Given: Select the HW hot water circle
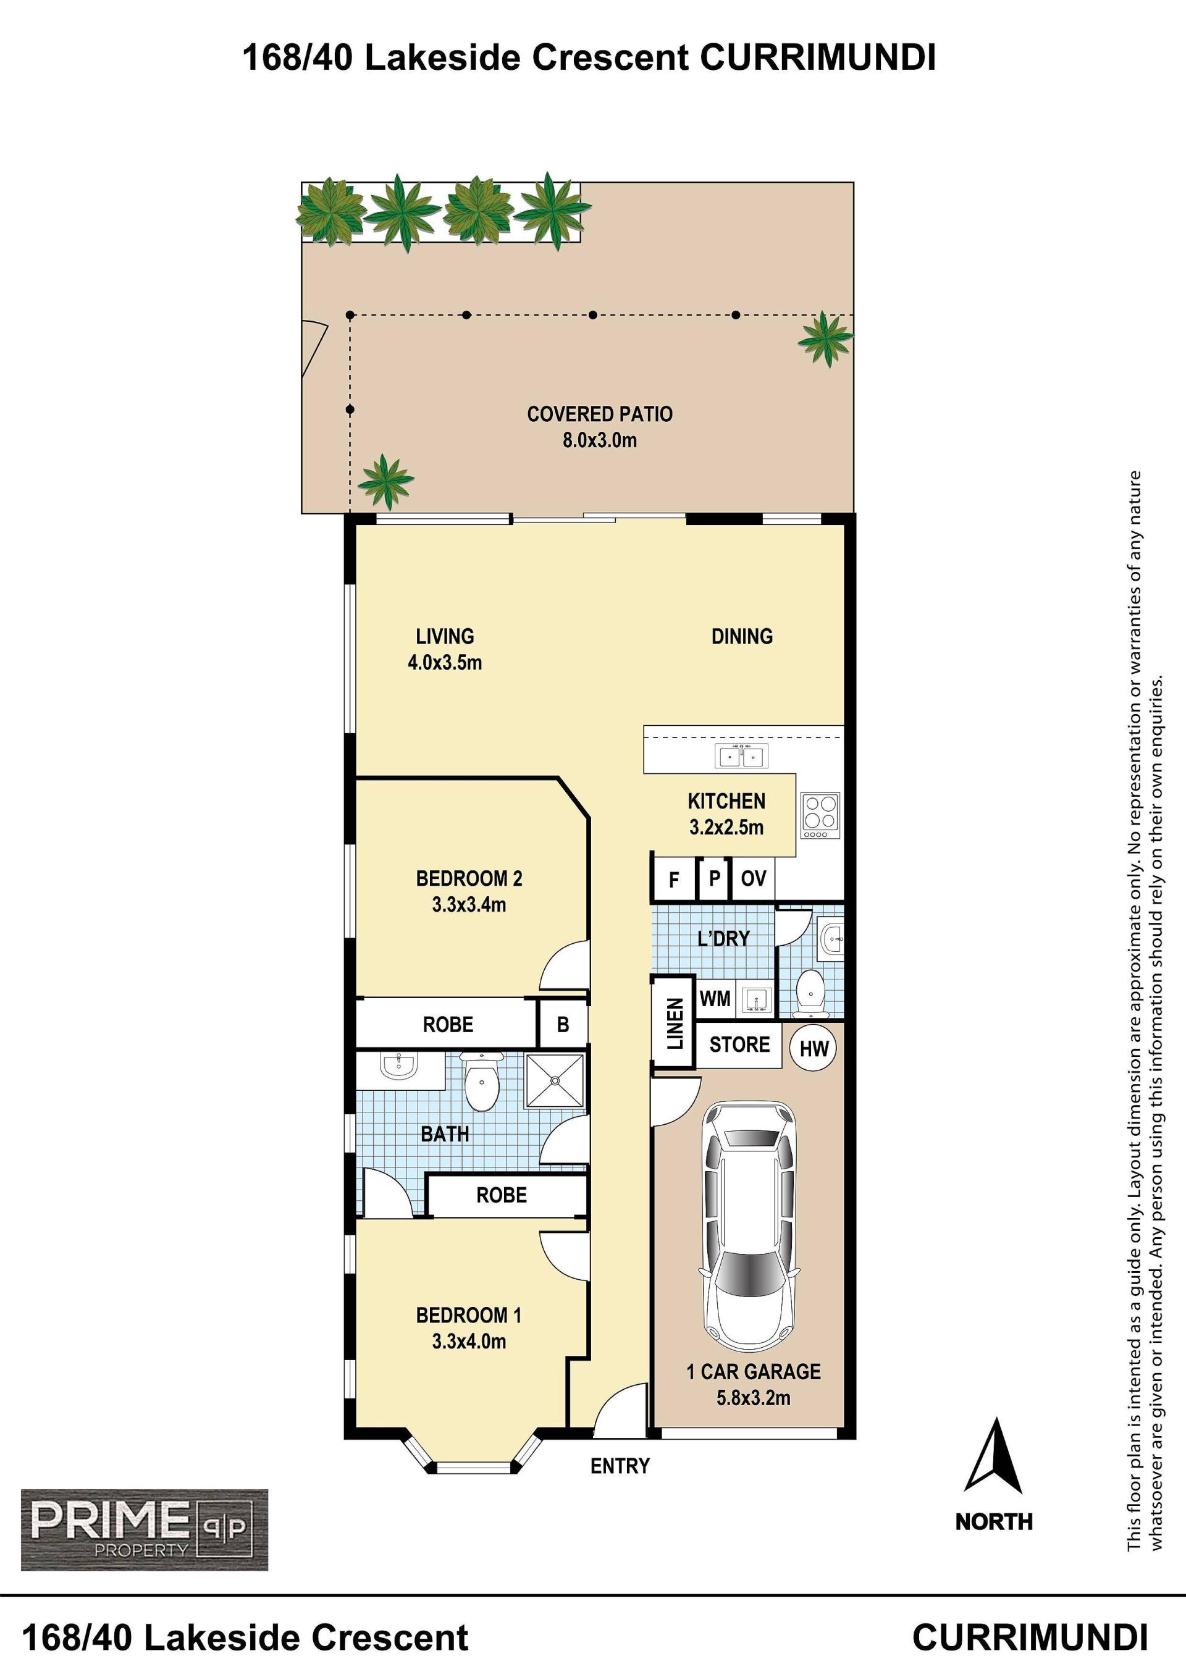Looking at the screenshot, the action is pos(814,1049).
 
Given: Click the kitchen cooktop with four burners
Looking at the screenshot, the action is pos(821,816).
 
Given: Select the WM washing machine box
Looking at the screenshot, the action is pos(715,998).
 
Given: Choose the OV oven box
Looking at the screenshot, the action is pos(754,878).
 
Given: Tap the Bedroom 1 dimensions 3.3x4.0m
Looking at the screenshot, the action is pos(469,1341).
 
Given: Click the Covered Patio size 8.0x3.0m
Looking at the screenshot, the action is pos(600,440).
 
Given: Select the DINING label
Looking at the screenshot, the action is pos(742,636).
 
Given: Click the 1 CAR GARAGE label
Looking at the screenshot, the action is pos(754,1371).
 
